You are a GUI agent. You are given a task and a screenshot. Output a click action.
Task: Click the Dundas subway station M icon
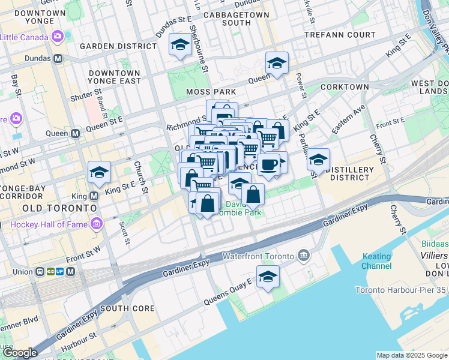coord(58,59)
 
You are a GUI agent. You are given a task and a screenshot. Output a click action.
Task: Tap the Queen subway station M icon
coord(75,134)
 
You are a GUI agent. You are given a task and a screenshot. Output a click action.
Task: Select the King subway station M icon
coord(94,196)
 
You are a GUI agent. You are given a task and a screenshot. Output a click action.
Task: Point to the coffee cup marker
coord(268,164)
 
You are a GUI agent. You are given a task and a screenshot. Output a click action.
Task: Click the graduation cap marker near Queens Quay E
coord(267,277)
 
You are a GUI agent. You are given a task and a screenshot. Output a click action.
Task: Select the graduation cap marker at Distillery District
coord(318,160)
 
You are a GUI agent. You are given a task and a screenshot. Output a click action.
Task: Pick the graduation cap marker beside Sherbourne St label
coord(179,45)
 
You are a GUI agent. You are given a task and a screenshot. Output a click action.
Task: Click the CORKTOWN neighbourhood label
coord(345,87)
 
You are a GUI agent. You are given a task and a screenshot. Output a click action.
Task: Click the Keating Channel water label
coord(376,261)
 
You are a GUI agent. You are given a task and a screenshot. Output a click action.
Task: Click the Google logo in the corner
coord(19,353)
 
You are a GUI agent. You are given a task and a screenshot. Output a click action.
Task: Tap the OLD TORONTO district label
coord(59,208)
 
